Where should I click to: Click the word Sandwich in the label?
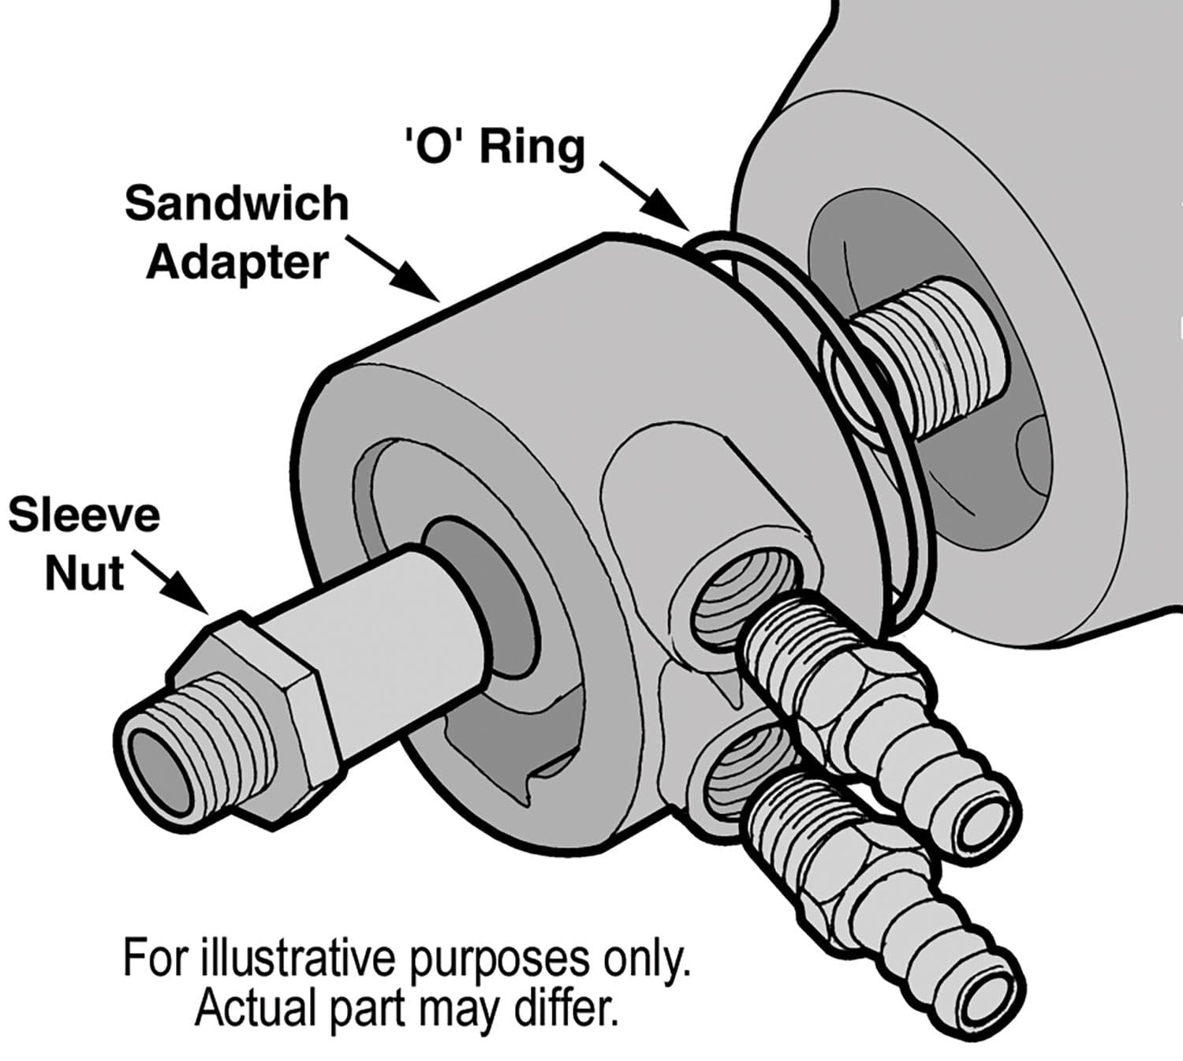(236, 204)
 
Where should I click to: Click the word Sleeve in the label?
(84, 516)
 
